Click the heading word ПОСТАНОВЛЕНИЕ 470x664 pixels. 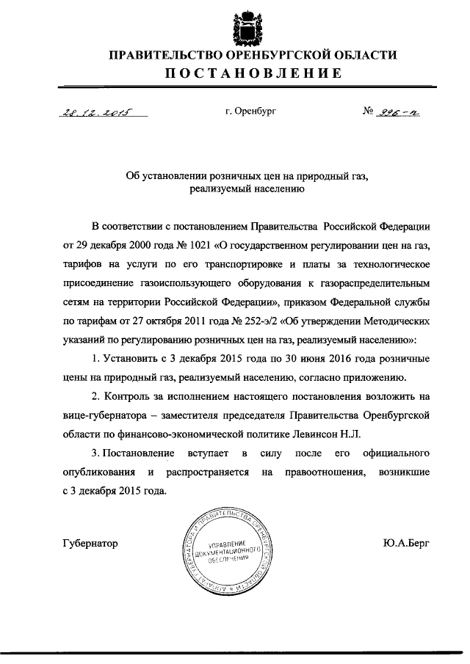pyautogui.click(x=253, y=73)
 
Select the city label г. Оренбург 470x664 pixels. pyautogui.click(x=251, y=112)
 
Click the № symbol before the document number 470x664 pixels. pyautogui.click(x=369, y=112)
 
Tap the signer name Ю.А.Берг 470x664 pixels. pyautogui.click(x=405, y=544)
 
